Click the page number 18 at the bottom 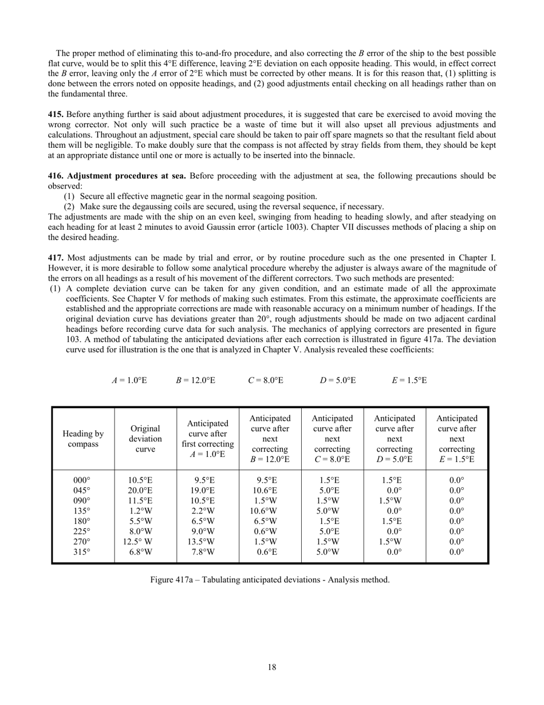[272, 667]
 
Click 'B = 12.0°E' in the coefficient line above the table [196, 380]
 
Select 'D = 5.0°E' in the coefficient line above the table [338, 380]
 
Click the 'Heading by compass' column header [83, 438]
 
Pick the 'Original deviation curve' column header [145, 438]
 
